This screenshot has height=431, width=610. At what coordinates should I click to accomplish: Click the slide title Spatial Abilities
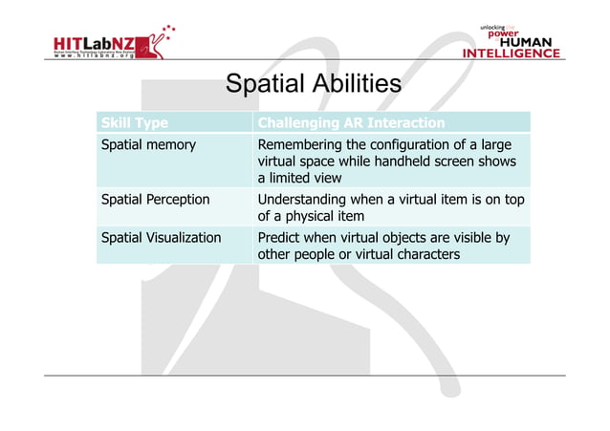[x=313, y=85]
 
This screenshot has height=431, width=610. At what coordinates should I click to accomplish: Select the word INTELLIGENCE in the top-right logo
[x=512, y=54]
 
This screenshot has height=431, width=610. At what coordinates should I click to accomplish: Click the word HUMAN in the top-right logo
[x=528, y=41]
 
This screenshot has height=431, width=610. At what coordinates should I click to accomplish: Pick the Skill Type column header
[x=135, y=123]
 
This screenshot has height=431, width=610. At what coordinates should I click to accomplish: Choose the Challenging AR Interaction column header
[x=351, y=123]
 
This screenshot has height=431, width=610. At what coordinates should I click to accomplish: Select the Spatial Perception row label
[x=156, y=200]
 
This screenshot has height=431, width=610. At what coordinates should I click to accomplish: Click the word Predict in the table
[x=281, y=237]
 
